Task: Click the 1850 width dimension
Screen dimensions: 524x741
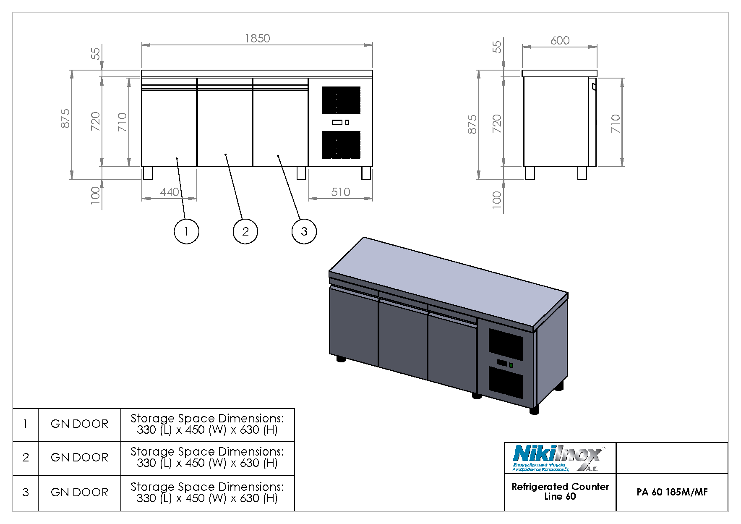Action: click(257, 38)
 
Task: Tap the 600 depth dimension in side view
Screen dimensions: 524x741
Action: click(560, 40)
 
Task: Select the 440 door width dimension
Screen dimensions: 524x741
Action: click(170, 192)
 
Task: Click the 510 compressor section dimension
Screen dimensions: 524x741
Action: click(340, 192)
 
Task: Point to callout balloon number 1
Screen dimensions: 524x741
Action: click(186, 231)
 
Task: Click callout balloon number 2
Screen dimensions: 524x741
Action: click(245, 231)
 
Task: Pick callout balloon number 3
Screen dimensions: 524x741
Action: click(304, 231)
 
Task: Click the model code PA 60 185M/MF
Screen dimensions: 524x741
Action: click(672, 492)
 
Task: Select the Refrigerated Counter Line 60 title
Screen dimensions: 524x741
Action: click(560, 491)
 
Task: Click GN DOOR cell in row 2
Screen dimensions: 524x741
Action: click(79, 457)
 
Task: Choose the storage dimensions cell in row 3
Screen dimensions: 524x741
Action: click(207, 492)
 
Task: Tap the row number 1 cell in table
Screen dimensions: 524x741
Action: click(25, 424)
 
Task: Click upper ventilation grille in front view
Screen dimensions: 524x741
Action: click(341, 100)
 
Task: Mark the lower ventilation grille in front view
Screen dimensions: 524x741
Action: click(341, 145)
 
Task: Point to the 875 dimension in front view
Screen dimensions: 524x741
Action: click(65, 118)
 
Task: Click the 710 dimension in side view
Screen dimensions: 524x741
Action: click(615, 123)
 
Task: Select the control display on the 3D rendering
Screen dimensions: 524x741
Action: click(502, 362)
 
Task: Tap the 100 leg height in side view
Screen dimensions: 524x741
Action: click(496, 198)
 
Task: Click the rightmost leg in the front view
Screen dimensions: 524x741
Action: click(366, 173)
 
